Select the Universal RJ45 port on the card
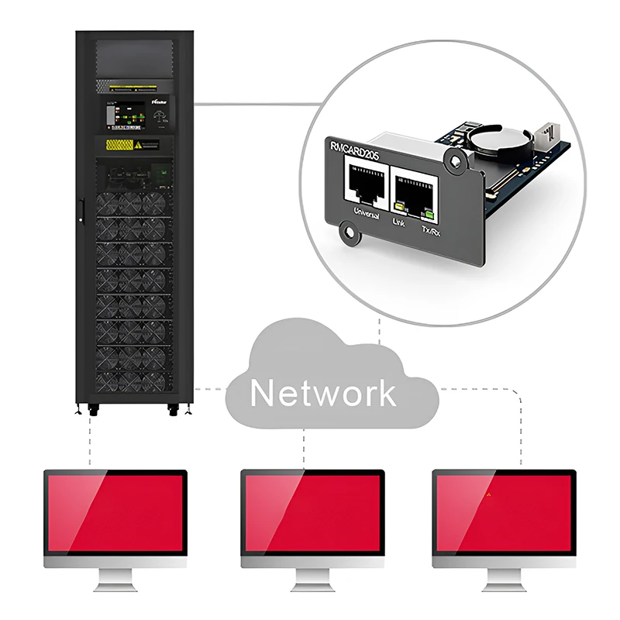tap(363, 187)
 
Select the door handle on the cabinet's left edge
tap(79, 215)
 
